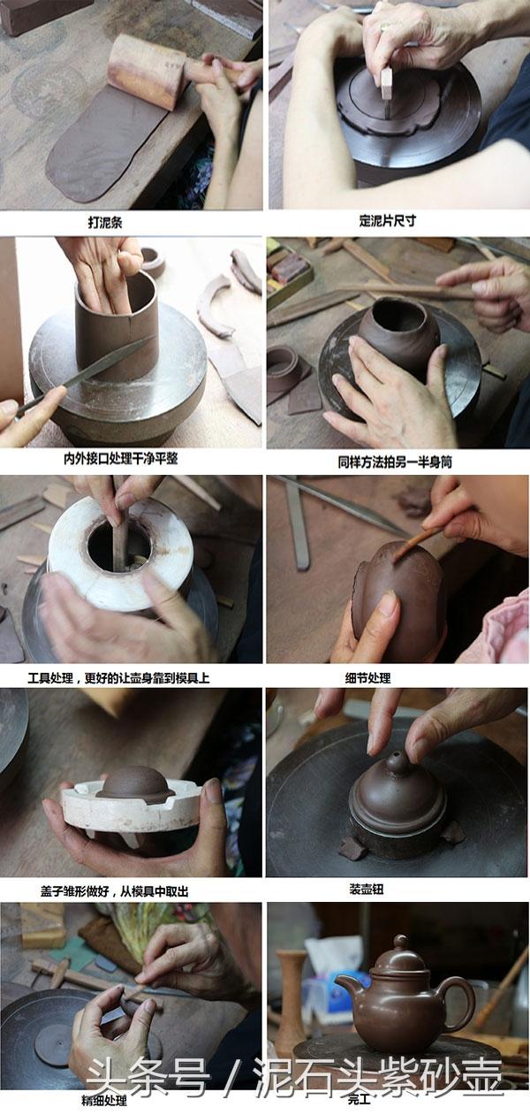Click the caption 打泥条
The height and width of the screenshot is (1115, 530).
(x=105, y=222)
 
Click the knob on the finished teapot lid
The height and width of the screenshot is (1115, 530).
(x=401, y=944)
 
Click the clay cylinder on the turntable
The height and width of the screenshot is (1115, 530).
(x=116, y=329)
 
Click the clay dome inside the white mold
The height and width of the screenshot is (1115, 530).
(x=133, y=783)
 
